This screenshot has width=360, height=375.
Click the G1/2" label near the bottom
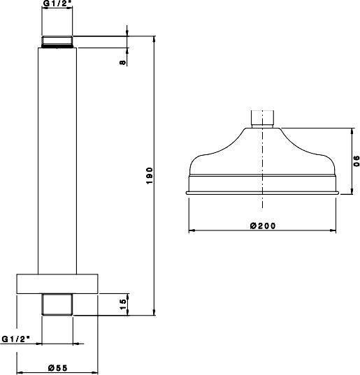coord(16,339)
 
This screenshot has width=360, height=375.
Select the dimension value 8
coord(122,62)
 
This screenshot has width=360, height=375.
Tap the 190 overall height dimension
coord(149,175)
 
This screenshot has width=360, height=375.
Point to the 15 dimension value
coord(123,304)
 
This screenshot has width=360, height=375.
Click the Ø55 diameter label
coord(58,367)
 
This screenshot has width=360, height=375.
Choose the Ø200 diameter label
coord(263,226)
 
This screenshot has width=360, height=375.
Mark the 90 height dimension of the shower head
coord(357,161)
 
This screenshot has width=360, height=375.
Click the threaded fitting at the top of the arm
coord(57,42)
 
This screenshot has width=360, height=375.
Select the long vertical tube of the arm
coord(57,161)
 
